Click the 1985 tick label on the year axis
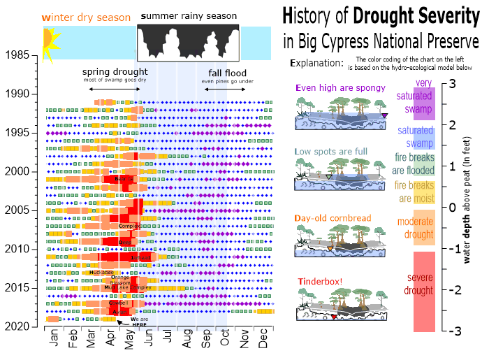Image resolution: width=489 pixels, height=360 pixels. [15, 55]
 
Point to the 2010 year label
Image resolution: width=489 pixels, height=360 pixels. [15, 250]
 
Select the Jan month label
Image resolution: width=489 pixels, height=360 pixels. [55, 340]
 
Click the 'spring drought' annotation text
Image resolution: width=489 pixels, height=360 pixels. [115, 72]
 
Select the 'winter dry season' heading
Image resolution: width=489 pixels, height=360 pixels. [86, 17]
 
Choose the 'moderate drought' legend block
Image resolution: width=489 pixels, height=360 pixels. [419, 227]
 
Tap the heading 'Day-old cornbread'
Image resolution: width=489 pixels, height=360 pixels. [332, 218]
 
